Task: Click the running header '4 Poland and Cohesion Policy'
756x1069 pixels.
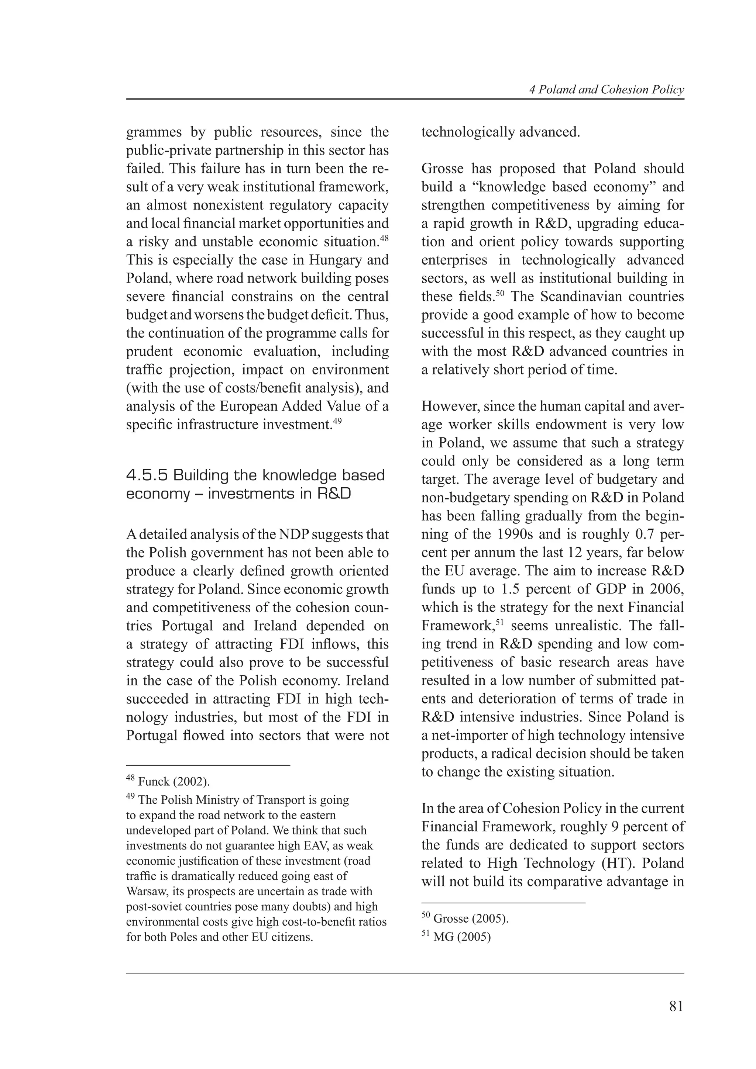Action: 606,90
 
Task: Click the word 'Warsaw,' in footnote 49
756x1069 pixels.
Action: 144,892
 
